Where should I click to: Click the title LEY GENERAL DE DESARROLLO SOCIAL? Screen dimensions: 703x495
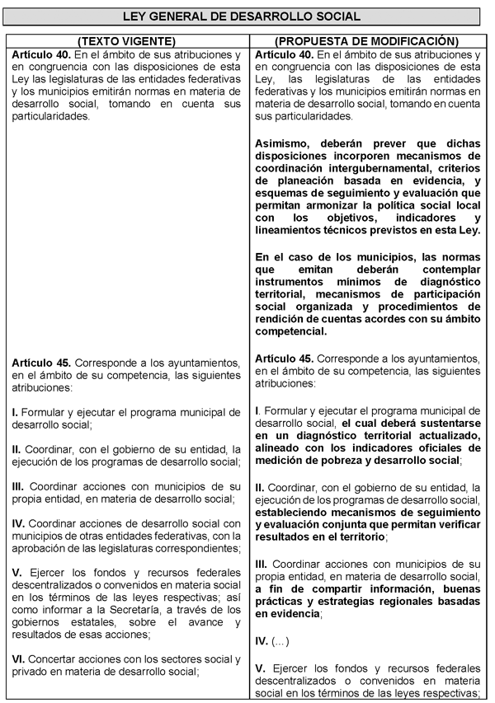point(247,16)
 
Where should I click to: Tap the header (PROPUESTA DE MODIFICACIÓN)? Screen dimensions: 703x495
point(366,40)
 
